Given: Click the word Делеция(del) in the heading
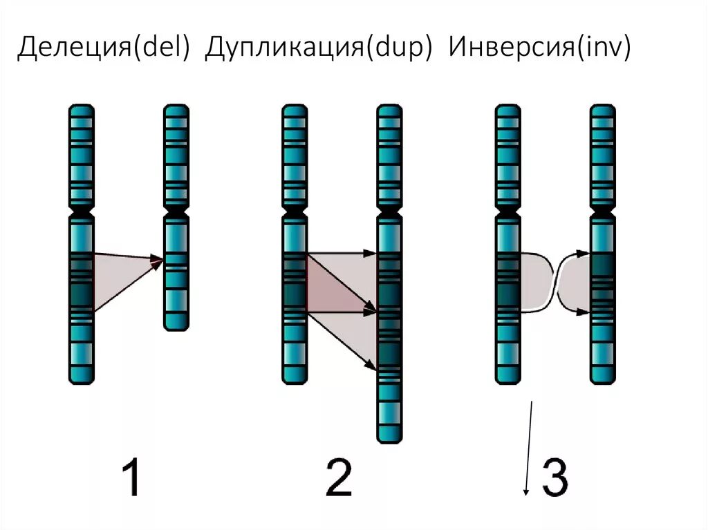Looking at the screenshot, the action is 104,50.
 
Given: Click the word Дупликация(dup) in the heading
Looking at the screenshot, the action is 319,50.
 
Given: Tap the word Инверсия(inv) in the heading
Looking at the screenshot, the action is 539,50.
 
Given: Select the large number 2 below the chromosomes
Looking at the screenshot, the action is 339,479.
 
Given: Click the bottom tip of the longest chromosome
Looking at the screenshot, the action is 389,438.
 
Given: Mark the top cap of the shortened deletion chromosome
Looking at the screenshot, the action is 176,109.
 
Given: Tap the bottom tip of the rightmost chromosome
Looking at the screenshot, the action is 602,379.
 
